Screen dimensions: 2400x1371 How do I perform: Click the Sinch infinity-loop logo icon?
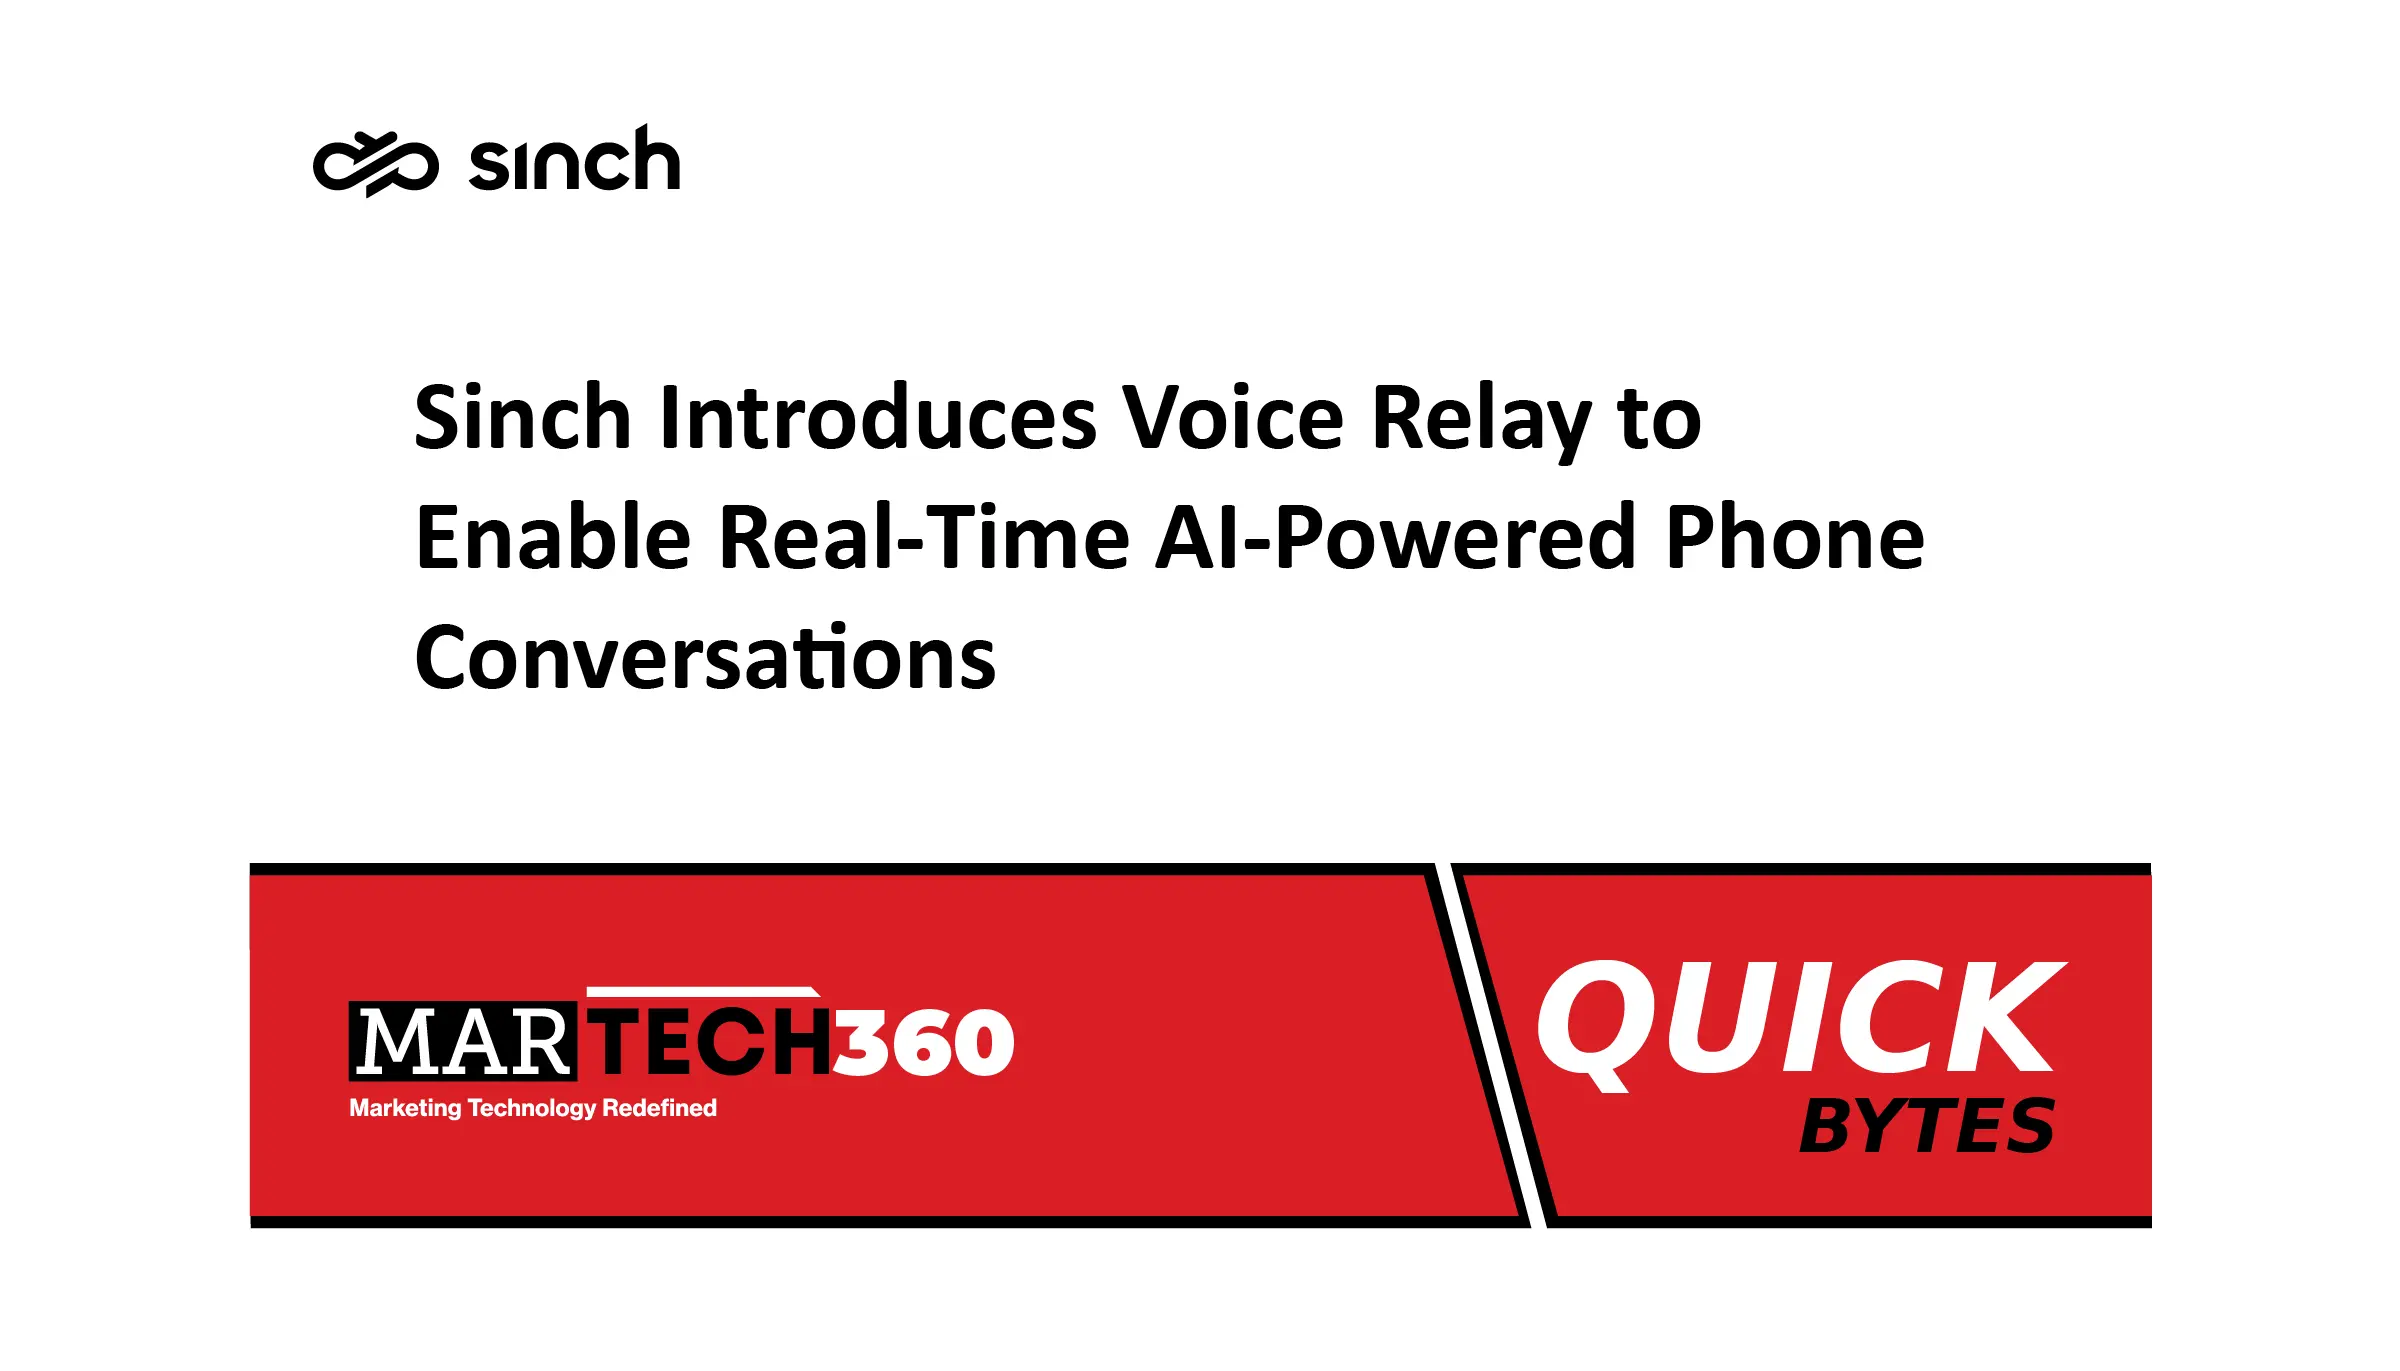tap(375, 164)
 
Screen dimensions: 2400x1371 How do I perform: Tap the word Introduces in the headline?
tap(878, 418)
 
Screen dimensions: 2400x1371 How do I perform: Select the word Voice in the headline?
tap(1233, 418)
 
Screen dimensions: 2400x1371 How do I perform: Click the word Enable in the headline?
tap(553, 537)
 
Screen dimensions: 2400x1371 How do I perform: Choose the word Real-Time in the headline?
tap(925, 537)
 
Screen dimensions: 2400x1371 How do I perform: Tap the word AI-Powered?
tap(1397, 537)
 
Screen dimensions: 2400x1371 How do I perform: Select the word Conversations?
tap(706, 657)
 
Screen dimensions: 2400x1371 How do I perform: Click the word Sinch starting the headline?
tap(523, 418)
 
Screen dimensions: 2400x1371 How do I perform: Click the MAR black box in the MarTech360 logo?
tap(463, 1041)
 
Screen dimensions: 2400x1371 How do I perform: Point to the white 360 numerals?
tap(924, 1042)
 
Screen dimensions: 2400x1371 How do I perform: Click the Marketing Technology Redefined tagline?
tap(533, 1108)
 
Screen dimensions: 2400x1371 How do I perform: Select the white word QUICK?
tap(1801, 1022)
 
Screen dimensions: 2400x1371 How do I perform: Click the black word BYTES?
tap(1927, 1126)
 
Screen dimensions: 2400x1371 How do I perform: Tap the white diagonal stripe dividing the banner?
tap(1491, 1045)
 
